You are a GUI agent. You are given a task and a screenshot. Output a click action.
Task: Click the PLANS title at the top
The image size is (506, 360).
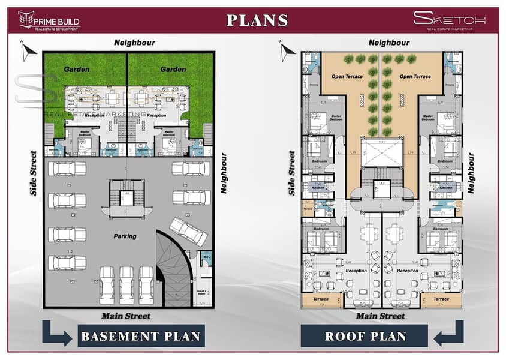point(257,20)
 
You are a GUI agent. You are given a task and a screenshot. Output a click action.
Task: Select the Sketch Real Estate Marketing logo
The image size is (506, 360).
point(449,20)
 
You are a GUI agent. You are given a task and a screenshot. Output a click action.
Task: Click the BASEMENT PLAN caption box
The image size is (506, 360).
point(141,336)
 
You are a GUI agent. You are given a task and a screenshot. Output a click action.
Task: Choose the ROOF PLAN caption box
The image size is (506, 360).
point(365,336)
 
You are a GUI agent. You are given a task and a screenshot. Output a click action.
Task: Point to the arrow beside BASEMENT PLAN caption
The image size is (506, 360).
point(57,333)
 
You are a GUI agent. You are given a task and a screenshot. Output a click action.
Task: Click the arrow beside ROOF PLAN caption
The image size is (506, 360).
point(448,333)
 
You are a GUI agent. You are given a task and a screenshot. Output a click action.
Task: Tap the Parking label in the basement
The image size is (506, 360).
point(125,236)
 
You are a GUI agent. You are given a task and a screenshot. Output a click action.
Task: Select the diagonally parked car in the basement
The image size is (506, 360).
point(188,232)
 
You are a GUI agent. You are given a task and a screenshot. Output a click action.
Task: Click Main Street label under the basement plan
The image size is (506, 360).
point(125,316)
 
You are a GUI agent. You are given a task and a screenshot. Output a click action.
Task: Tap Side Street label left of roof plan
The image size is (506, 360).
point(292,173)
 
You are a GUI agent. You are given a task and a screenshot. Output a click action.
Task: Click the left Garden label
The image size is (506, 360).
point(77,70)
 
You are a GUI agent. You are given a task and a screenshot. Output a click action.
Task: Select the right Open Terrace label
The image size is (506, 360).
point(415,77)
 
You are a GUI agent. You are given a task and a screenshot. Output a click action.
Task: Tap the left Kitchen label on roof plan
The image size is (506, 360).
point(318,188)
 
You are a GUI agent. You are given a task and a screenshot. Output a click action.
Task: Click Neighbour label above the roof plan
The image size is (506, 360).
point(389,43)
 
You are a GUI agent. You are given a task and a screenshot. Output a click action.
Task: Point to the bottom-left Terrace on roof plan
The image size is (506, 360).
point(320,299)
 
